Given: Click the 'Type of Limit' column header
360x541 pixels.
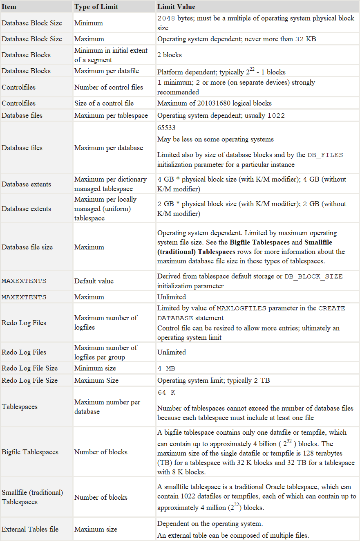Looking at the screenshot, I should pos(96,7).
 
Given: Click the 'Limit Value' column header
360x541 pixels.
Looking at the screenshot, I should pos(176,7).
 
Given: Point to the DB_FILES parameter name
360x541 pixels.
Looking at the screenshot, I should pos(325,155).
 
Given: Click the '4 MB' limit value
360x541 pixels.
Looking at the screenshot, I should pos(166,368).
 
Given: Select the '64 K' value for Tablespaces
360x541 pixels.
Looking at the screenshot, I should pos(166,393).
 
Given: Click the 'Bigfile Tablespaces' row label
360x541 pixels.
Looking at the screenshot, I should pos(30,452).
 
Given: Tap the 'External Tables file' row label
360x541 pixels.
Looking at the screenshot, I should pos(30,529).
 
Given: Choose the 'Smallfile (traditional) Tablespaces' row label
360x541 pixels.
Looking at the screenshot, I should pos(32,497).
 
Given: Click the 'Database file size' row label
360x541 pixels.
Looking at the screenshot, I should pos(27,247).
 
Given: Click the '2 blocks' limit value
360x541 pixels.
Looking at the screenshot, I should pos(170,55).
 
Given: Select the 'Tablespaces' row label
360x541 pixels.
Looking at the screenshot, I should pos(20,406).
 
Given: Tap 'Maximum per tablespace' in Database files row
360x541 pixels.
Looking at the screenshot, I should pos(111,115).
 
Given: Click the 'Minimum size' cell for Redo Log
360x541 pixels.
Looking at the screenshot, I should pos(95,368).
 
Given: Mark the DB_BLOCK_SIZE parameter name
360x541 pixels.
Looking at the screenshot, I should pos(313,277).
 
